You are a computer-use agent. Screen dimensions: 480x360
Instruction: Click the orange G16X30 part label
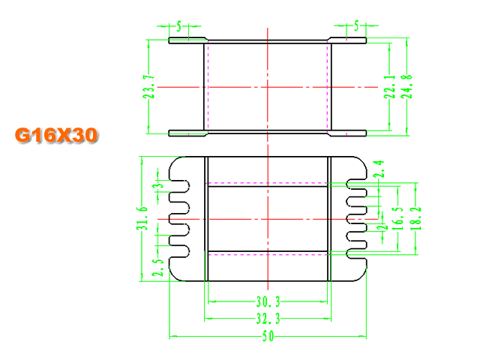56,135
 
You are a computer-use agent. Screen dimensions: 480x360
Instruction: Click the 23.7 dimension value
149,87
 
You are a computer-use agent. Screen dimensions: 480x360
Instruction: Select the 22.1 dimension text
390,87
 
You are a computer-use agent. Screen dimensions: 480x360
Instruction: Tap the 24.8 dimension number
406,87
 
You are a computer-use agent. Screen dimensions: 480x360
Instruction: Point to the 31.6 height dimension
142,218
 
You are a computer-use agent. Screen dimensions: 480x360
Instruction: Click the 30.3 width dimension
268,301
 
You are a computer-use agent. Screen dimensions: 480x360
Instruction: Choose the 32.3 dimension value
268,319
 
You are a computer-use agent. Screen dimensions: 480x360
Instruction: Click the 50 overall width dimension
268,337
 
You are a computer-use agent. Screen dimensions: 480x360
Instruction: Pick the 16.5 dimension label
398,218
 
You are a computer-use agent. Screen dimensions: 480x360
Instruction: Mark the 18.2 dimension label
415,218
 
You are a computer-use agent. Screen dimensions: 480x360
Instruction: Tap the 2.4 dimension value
378,169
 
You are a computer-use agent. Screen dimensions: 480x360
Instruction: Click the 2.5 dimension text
158,268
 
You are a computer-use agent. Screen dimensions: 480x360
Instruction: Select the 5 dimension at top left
178,26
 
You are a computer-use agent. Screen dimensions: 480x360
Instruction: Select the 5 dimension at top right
356,25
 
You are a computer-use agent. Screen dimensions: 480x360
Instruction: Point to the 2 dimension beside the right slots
382,227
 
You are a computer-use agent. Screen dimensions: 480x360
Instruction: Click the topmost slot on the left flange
180,186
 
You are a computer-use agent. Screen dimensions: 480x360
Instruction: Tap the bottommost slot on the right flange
357,253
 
